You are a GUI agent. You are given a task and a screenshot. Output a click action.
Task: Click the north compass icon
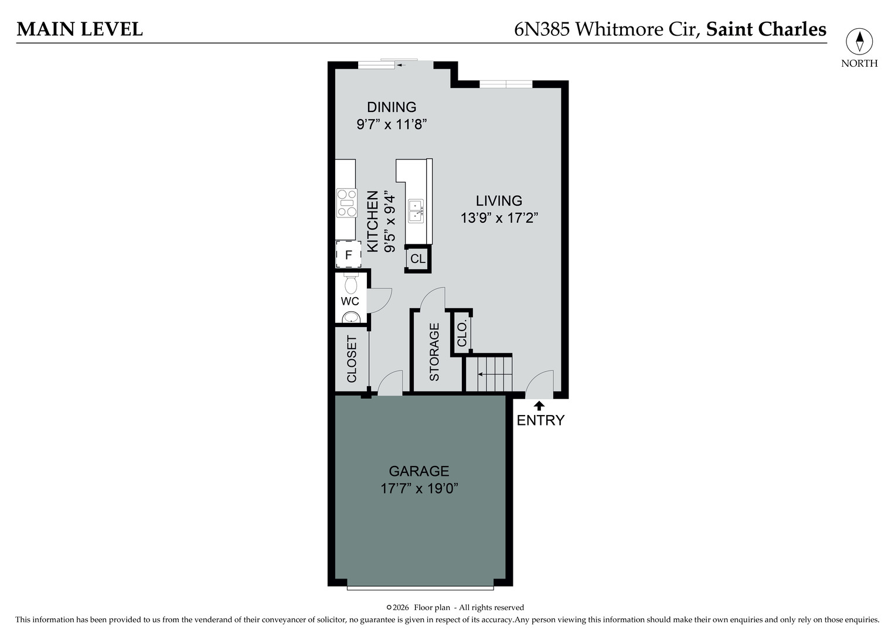click(x=859, y=42)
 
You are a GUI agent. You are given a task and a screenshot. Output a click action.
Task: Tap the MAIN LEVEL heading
click(x=80, y=29)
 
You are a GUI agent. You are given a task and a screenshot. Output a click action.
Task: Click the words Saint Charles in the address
click(x=766, y=29)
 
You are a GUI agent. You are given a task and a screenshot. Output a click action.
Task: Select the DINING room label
click(x=392, y=107)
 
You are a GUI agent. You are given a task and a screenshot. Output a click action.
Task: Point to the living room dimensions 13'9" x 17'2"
click(x=499, y=218)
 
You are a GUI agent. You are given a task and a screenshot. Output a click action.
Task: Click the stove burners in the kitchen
click(x=346, y=203)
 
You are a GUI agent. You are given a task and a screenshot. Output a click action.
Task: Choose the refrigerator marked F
click(x=348, y=255)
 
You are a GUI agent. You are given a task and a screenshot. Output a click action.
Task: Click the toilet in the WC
click(x=351, y=285)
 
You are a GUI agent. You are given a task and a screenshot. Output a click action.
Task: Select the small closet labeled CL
click(x=418, y=259)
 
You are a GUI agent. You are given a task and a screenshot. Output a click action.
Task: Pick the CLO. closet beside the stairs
click(x=462, y=333)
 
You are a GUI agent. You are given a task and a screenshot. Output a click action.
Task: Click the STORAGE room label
click(x=434, y=352)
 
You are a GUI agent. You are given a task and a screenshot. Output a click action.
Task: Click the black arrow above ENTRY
click(x=539, y=405)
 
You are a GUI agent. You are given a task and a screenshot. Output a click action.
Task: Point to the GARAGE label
click(x=418, y=471)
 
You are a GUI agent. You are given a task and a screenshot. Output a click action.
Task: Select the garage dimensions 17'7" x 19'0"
click(x=418, y=488)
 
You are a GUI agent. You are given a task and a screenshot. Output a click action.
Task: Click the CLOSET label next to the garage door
click(x=352, y=359)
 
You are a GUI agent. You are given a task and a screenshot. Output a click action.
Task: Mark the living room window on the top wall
click(x=506, y=84)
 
